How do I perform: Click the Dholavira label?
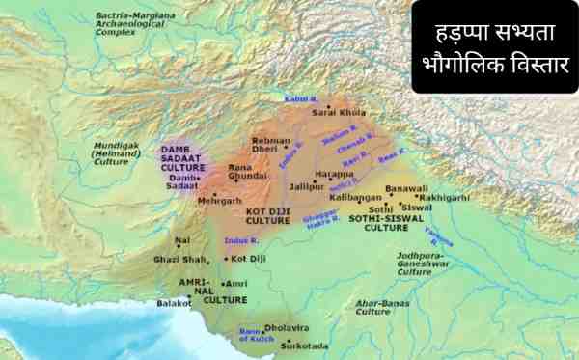point(287,327)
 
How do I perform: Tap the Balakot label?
point(175,302)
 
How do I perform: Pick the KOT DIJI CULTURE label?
point(267,215)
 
